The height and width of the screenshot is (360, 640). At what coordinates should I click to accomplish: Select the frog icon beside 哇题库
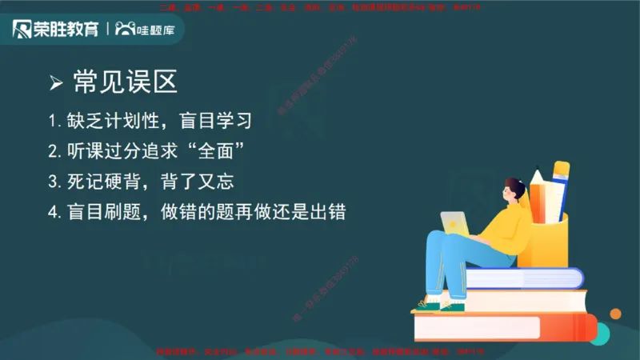(125, 30)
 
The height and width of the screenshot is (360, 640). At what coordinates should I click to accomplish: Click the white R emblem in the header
(22, 30)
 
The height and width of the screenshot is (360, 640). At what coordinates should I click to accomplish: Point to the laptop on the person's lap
(455, 223)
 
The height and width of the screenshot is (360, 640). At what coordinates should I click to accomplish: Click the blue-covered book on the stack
(524, 278)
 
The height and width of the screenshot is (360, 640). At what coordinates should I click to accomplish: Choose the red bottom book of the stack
(504, 327)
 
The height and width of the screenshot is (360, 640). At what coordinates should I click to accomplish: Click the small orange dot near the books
(615, 314)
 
